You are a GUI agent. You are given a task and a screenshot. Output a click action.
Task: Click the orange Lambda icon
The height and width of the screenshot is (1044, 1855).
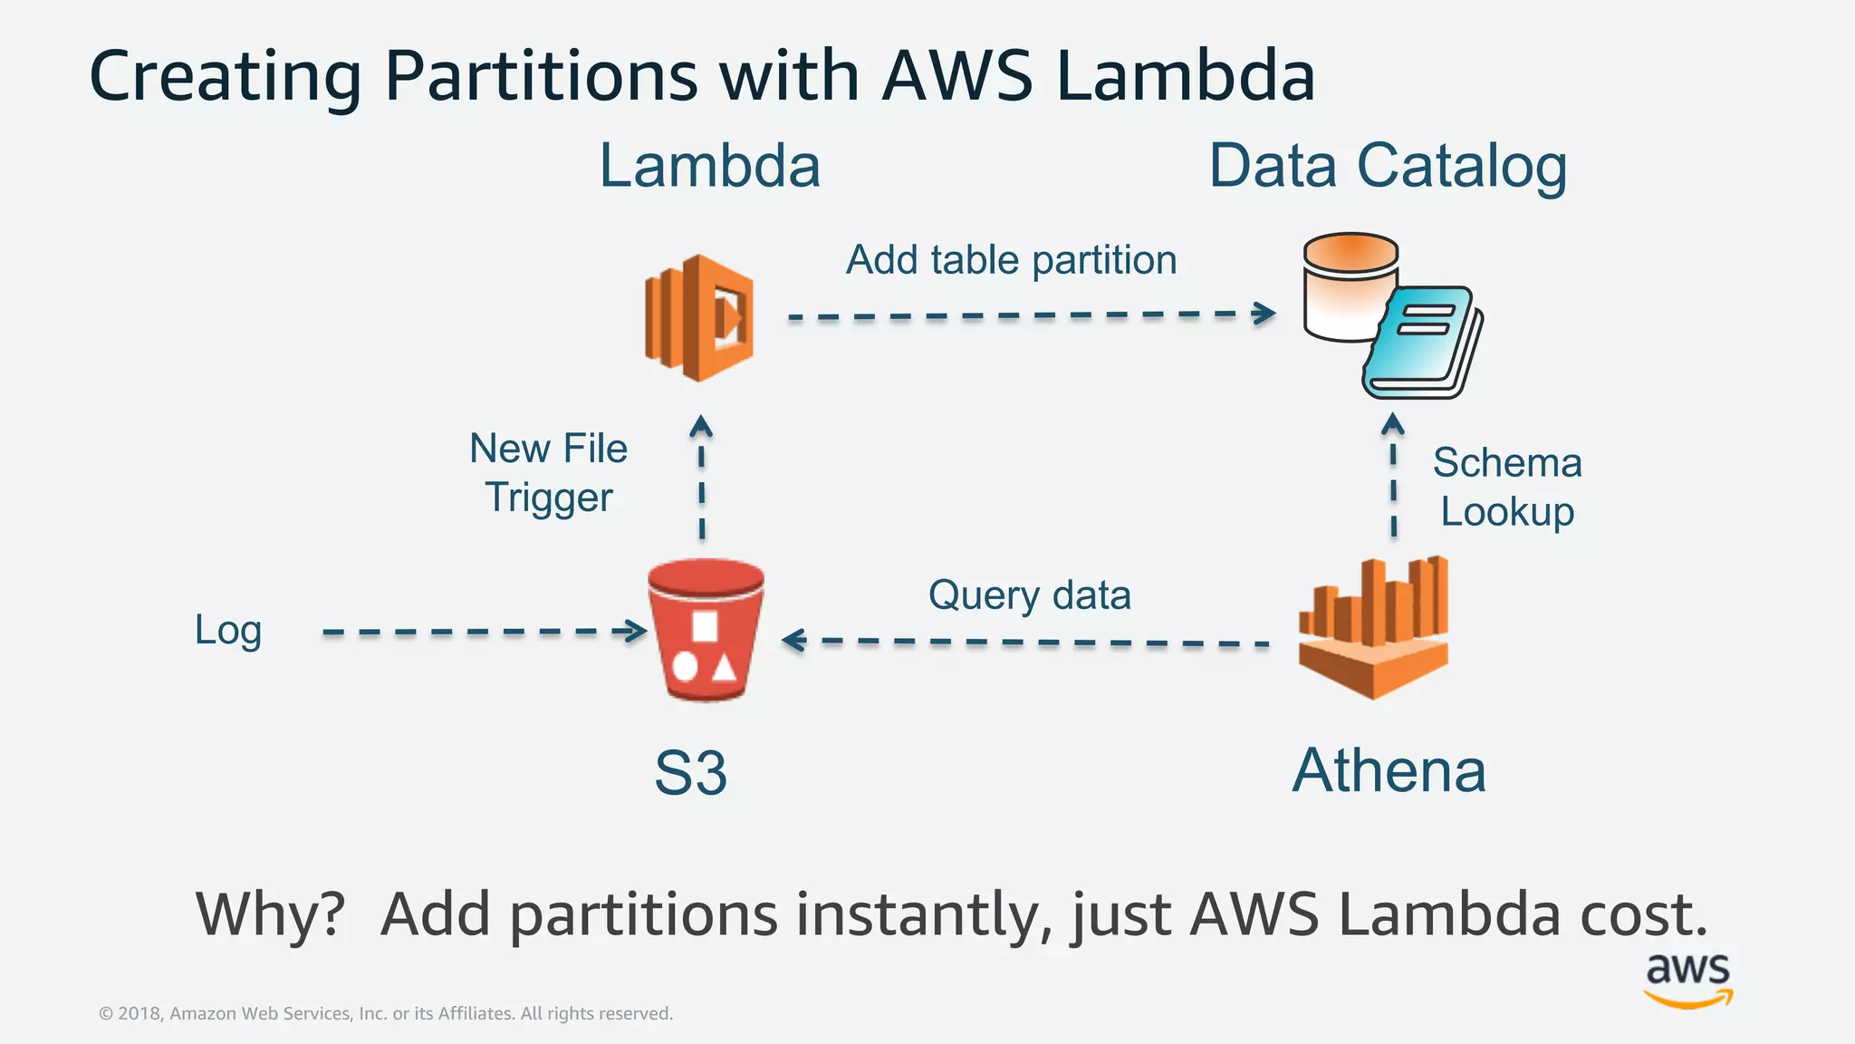pos(699,317)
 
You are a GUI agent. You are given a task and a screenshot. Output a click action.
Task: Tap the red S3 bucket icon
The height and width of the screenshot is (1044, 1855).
pos(706,632)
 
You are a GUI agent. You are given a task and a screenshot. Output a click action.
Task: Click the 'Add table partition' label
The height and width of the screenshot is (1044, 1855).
pos(1011,261)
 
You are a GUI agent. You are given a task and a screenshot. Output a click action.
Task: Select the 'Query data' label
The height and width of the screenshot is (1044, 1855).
pos(1029,596)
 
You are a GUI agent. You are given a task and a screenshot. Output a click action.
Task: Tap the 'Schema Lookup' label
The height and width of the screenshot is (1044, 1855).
pos(1507,488)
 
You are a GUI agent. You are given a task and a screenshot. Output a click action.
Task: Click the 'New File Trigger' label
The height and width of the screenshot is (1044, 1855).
pos(549,473)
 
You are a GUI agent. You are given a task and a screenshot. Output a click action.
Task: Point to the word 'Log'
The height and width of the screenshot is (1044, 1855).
pos(228,630)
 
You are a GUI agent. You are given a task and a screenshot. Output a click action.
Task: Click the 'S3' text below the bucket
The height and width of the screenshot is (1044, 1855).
pos(690,773)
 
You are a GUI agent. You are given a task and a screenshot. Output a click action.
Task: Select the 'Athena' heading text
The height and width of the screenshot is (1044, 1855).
pos(1389,771)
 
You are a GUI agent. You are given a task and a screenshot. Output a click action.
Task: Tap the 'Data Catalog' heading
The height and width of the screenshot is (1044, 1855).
pos(1388,167)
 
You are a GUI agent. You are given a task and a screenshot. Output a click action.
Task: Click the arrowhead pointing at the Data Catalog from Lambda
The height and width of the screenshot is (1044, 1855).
pos(1266,314)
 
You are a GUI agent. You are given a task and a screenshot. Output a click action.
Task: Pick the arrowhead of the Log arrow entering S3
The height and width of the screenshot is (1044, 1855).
pos(636,631)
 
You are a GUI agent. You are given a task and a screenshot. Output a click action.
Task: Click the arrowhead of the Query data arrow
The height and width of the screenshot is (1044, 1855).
pos(792,641)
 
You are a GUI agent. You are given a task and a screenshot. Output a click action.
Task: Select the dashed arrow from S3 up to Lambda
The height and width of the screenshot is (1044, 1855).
pos(702,480)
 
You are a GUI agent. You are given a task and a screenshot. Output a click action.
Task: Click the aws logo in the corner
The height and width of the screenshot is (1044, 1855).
pos(1687,979)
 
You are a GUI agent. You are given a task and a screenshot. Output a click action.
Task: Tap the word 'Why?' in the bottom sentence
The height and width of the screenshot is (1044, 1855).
pos(271,913)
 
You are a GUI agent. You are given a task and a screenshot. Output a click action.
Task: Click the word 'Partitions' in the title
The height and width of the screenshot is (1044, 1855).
pos(541,76)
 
